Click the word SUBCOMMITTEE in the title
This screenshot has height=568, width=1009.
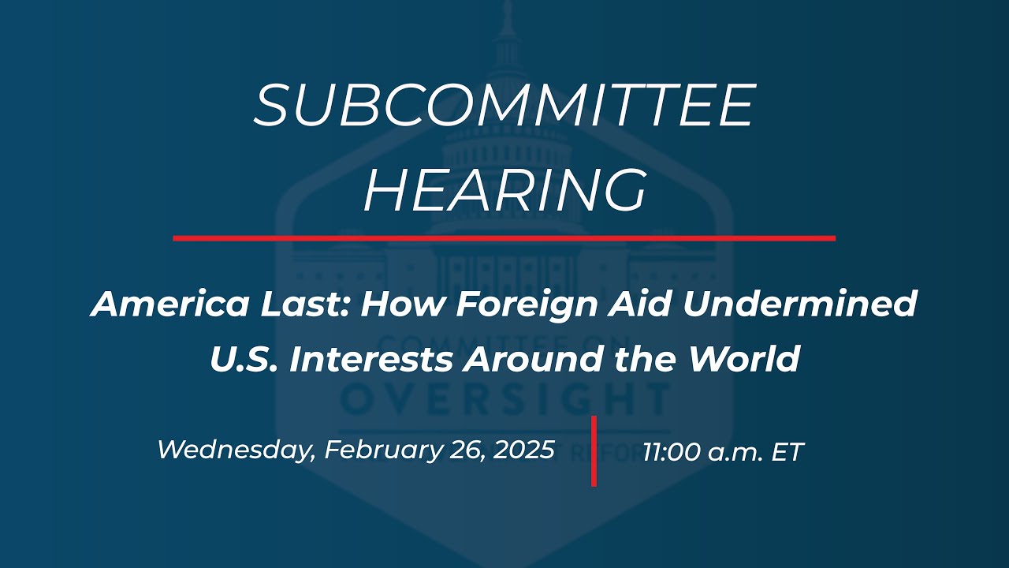coord(504,106)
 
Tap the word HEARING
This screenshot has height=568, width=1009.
coord(504,190)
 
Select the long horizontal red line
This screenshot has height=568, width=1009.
coord(504,237)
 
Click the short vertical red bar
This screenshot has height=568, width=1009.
coord(594,451)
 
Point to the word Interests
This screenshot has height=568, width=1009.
coord(370,360)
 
